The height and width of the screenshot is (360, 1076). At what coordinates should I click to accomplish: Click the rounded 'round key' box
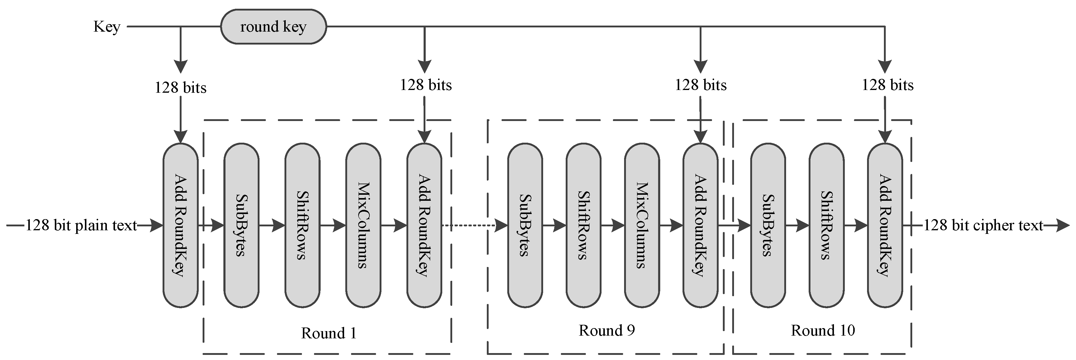[x=273, y=27]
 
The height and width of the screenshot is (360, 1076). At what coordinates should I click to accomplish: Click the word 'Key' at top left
[x=107, y=27]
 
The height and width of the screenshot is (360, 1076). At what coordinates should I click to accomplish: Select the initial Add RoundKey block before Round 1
[x=180, y=225]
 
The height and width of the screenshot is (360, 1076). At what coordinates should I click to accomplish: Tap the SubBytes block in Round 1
[x=241, y=225]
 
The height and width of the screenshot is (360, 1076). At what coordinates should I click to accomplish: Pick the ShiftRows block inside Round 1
[x=302, y=225]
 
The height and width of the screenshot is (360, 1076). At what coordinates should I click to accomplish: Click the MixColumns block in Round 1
[x=363, y=225]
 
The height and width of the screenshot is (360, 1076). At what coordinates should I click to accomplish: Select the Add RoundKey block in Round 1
[x=424, y=225]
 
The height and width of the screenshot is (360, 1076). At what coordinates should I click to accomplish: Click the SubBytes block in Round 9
[x=525, y=225]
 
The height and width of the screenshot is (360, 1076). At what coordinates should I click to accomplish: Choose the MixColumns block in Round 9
[x=642, y=225]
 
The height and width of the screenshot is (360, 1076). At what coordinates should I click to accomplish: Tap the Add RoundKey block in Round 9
[x=701, y=225]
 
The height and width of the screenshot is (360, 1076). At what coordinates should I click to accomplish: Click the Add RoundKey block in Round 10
[x=885, y=225]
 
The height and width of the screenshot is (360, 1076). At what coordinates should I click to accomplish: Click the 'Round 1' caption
[x=329, y=333]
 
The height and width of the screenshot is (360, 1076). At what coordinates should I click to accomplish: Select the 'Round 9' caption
[x=607, y=330]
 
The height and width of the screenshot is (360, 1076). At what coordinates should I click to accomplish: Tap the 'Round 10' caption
[x=823, y=330]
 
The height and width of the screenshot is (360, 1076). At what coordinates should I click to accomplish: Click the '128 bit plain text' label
[x=82, y=225]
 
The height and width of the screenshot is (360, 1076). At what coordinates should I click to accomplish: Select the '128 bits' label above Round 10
[x=887, y=85]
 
